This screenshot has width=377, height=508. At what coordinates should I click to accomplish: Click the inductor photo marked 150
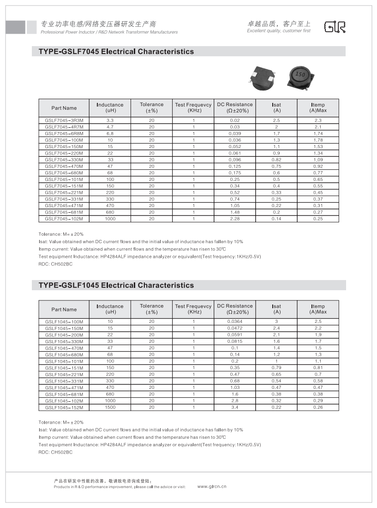(x=300, y=75)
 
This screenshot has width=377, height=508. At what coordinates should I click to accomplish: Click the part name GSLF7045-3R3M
(x=64, y=120)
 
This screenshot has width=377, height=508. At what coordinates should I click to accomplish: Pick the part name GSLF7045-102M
(x=64, y=219)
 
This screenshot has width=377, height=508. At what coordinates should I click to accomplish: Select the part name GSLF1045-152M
(x=64, y=407)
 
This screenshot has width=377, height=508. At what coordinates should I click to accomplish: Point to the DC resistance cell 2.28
(x=234, y=219)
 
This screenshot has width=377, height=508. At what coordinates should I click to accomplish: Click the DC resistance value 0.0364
(x=234, y=322)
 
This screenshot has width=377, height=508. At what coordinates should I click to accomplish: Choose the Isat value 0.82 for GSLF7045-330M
(x=276, y=160)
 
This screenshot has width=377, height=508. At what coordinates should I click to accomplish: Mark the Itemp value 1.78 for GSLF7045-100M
(x=318, y=140)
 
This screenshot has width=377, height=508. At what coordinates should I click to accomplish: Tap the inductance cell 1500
(x=110, y=407)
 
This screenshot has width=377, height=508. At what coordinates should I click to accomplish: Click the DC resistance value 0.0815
(x=234, y=341)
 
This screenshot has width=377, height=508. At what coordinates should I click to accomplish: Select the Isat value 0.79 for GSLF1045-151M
(x=276, y=368)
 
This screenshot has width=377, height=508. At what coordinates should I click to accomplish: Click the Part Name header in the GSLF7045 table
(x=64, y=108)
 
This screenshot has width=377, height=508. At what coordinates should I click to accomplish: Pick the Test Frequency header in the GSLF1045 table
(x=193, y=309)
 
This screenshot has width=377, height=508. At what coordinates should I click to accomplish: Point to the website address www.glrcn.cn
(x=212, y=486)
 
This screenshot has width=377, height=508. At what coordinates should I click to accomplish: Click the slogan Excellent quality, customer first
(x=279, y=31)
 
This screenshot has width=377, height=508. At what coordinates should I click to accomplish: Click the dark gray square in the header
(x=15, y=27)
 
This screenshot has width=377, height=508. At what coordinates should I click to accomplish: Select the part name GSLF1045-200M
(x=64, y=335)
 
